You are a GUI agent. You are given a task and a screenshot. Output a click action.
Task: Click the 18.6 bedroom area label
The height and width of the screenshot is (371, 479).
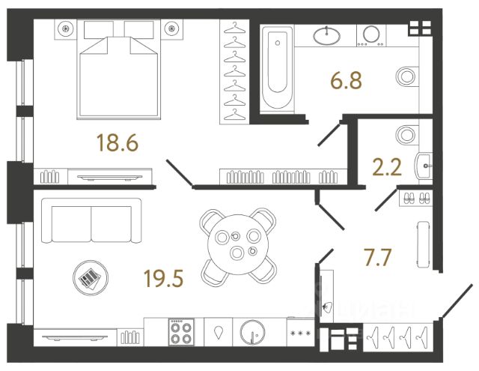click(x=118, y=143)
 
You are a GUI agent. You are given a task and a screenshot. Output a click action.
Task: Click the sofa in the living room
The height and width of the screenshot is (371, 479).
click(x=91, y=221)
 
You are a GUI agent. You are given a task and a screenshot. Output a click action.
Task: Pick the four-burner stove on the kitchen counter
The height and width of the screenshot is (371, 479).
click(x=182, y=331)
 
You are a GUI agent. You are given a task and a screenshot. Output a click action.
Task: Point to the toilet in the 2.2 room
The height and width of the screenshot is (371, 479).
click(x=407, y=135)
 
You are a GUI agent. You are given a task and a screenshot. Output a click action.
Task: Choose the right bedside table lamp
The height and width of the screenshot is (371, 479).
click(x=175, y=30)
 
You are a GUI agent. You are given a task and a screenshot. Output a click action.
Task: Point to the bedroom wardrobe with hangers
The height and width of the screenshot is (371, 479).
click(x=236, y=71)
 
